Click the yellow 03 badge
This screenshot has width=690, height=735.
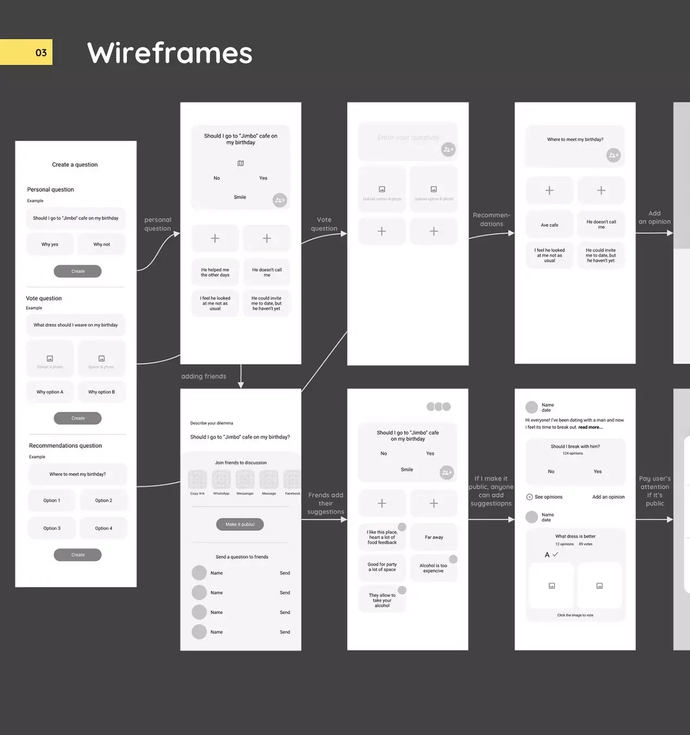tap(27, 52)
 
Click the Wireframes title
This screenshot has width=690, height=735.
tap(169, 53)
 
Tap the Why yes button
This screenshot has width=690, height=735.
tap(50, 244)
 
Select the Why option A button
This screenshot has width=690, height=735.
tap(50, 392)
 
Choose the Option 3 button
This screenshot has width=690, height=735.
tap(52, 528)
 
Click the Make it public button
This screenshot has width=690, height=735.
tap(240, 524)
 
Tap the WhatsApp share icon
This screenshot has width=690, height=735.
tap(221, 481)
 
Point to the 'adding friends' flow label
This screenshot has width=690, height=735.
tap(204, 376)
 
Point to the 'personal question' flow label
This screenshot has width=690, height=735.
tap(158, 224)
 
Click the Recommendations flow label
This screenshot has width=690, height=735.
tap(491, 219)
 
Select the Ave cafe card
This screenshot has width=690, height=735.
tap(550, 225)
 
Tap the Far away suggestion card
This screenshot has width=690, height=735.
tap(434, 537)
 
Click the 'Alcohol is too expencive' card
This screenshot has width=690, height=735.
tap(434, 568)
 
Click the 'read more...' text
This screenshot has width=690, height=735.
tap(590, 427)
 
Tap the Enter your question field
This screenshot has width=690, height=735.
tap(408, 138)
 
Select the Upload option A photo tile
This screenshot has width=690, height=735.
tap(382, 192)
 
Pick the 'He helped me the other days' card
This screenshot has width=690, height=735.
tap(215, 272)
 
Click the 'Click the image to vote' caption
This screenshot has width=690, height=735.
tap(575, 615)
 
